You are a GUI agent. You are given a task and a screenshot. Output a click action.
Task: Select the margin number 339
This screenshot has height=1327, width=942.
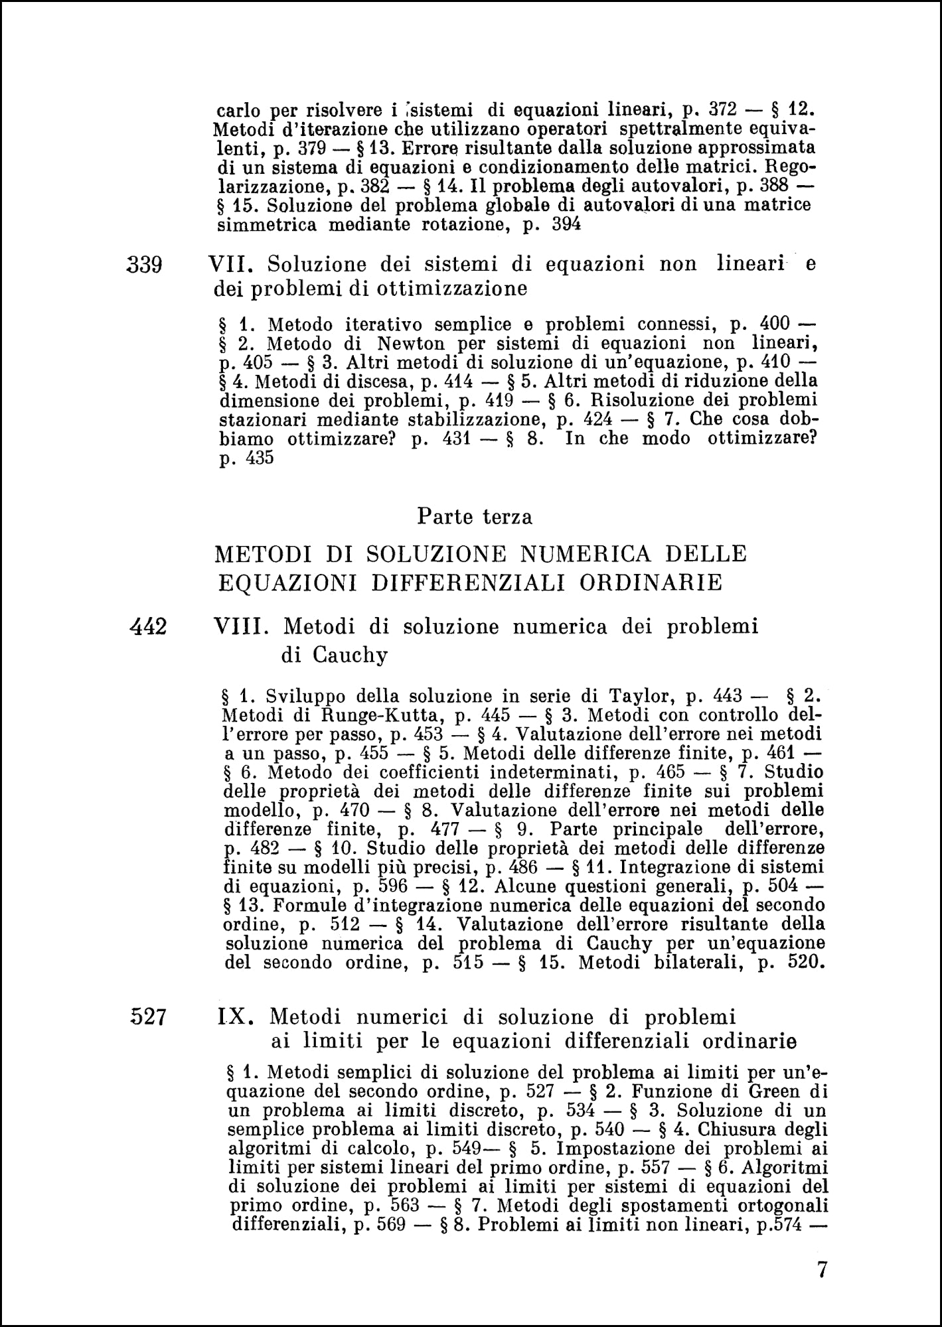[145, 265]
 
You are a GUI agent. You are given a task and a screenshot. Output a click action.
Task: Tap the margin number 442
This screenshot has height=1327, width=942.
[149, 626]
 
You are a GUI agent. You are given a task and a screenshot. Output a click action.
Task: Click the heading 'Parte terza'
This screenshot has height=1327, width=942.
[474, 516]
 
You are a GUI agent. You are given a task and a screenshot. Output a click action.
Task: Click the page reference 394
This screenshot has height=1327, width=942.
[566, 224]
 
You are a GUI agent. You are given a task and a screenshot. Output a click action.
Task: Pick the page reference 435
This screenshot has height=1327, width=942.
[259, 458]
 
